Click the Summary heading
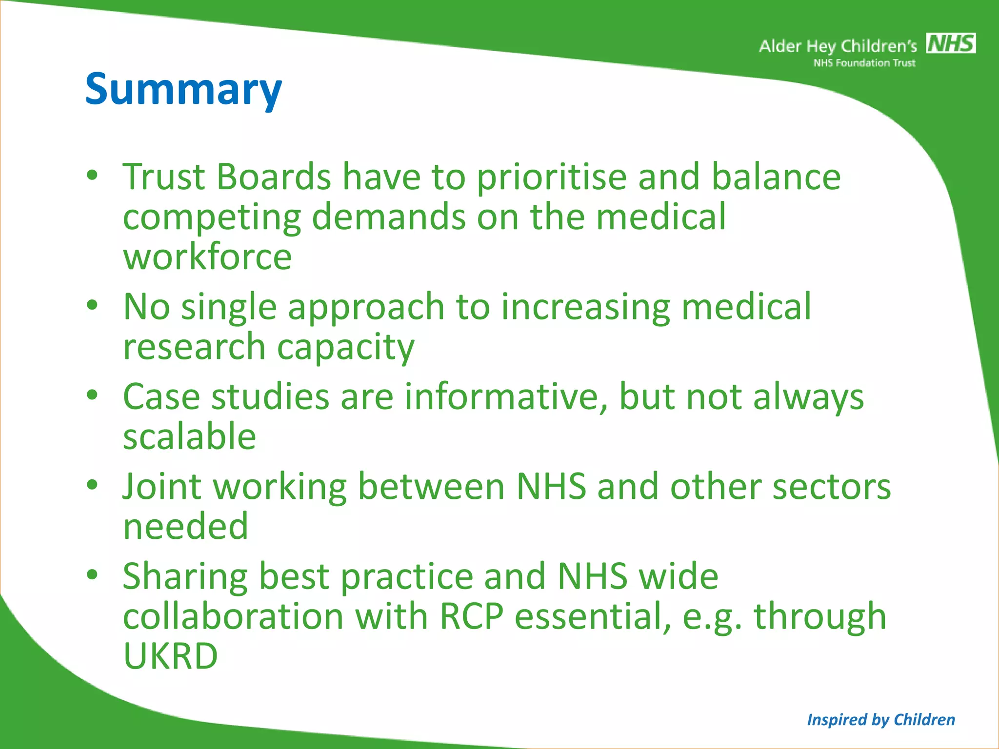coord(183,89)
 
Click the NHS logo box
coord(951,43)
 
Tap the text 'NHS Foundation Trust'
coord(864,63)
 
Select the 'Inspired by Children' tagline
coord(880,720)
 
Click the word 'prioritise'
coord(551,177)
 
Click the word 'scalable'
coord(189,436)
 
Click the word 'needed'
coord(185,527)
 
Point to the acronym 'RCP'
coord(471,616)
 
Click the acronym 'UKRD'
coord(170,656)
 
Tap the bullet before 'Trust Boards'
coord(92,176)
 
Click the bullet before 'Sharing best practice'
coord(92,575)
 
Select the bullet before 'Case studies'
coord(92,395)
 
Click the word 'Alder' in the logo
coord(780,46)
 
